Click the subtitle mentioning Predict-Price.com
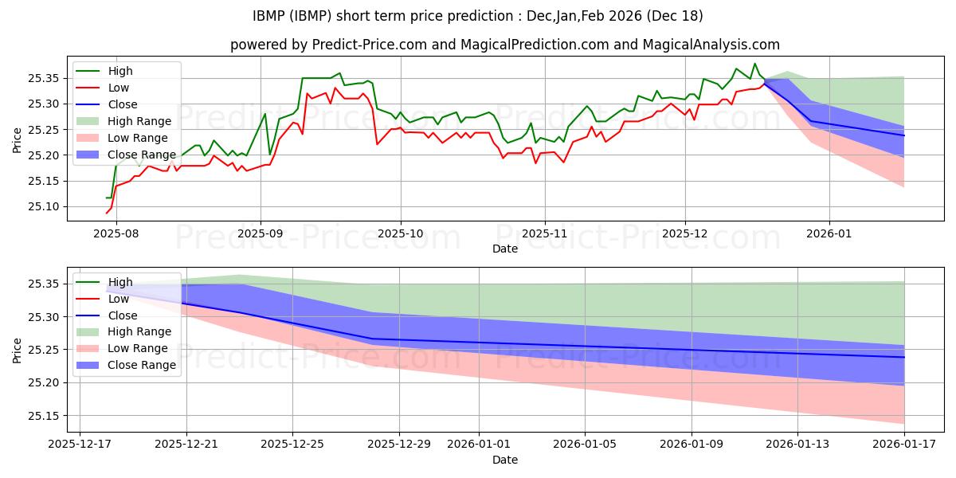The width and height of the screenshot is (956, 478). pos(505,45)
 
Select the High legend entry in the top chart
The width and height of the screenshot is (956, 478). pos(119,71)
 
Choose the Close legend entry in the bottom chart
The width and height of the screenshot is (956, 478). pos(122,315)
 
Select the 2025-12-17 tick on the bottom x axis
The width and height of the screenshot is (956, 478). pos(80,444)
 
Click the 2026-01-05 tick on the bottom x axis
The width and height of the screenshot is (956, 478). pos(585,444)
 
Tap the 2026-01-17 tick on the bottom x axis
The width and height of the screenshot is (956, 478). pos(904,444)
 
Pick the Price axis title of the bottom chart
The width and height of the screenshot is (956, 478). pos(18,350)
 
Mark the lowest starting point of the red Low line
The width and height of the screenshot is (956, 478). pos(107,213)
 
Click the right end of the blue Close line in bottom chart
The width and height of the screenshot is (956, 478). pos(904,357)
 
